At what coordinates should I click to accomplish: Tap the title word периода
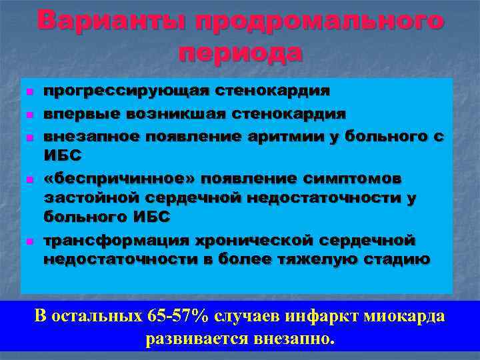pos(240,51)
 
